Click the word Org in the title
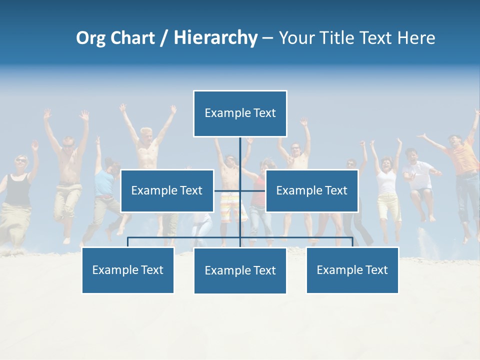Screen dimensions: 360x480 pos(90,38)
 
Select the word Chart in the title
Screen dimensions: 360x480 pos(132,38)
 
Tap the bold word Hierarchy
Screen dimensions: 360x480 pos(215,38)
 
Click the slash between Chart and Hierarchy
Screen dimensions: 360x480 pos(164,38)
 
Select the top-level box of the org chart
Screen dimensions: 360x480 pos(240,113)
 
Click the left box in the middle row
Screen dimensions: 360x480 pos(167,190)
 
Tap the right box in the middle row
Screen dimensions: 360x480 pos(311,190)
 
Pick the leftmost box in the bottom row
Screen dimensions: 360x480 pos(128,270)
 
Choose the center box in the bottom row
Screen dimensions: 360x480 pos(240,270)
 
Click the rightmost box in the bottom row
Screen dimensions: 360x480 pos(352,270)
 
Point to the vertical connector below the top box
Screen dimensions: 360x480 pos(240,155)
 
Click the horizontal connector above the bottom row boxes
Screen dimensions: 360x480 pos(185,238)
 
